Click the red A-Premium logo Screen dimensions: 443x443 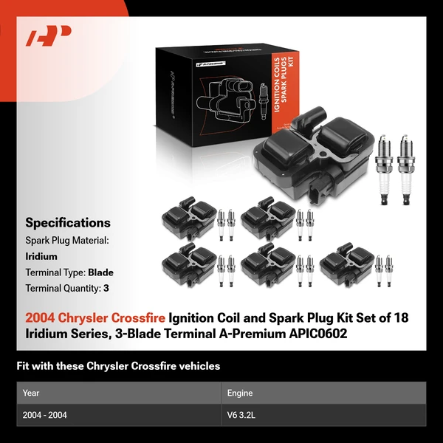(49, 36)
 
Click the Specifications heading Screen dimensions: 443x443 (68, 222)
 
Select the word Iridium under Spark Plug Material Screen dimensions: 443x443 (41, 256)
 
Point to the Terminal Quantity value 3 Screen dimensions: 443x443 (106, 288)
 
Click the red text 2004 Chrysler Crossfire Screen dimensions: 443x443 (95, 317)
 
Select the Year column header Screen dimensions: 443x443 (31, 394)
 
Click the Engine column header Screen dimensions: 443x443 (240, 394)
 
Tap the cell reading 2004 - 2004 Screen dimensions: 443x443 (45, 415)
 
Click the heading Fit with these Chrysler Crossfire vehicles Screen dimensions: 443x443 (118, 365)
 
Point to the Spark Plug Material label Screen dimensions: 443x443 (67, 241)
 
